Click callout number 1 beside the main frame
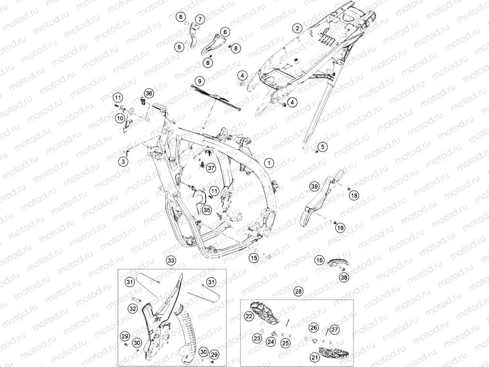[x=269, y=163]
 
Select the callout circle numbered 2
[x=297, y=28]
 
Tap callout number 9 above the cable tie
[x=200, y=82]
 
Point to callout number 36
[x=149, y=93]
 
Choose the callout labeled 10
[x=120, y=118]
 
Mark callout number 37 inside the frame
[x=211, y=168]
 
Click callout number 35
[x=207, y=210]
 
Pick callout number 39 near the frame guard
[x=314, y=187]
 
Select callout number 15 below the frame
[x=254, y=258]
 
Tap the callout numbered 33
[x=171, y=261]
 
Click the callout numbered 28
[x=299, y=291]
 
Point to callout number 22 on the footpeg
[x=249, y=316]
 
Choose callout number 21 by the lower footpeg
[x=314, y=357]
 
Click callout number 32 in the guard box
[x=133, y=309]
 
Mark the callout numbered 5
[x=323, y=147]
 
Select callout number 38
[x=344, y=277]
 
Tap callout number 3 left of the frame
[x=123, y=162]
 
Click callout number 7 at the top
[x=200, y=19]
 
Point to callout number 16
[x=319, y=260]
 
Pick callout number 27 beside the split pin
[x=334, y=329]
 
